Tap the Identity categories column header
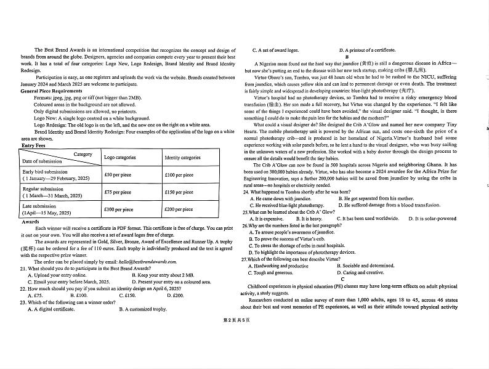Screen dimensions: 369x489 (x=182, y=158)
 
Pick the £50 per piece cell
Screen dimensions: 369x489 (x=116, y=175)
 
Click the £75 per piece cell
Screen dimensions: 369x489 (x=116, y=192)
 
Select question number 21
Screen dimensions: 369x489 (x=23, y=269)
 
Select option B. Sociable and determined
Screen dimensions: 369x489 (x=366, y=266)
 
